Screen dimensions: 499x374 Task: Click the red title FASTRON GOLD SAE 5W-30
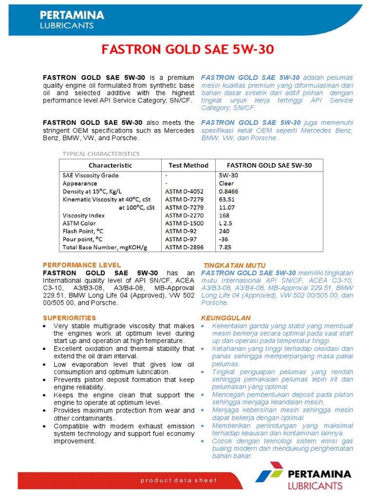tap(187, 50)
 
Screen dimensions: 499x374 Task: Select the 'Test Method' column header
tap(188, 165)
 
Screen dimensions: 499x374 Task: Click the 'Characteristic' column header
tap(110, 165)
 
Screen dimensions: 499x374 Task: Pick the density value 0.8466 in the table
tap(228, 192)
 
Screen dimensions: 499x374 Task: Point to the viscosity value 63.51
tap(226, 199)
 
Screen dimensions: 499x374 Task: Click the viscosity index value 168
tap(224, 215)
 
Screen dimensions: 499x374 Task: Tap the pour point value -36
tap(224, 239)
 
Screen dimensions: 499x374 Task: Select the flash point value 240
tap(224, 231)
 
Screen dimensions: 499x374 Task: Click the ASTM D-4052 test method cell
tap(184, 192)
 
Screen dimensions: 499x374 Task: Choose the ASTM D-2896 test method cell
tap(184, 248)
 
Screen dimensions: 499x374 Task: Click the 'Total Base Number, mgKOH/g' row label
tap(105, 248)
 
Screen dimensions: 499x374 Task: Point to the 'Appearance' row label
tap(80, 183)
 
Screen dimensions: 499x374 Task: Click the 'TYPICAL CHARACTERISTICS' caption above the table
tap(101, 154)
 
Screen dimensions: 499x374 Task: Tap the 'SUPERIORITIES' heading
tap(70, 318)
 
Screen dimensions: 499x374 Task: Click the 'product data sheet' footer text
tap(179, 480)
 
